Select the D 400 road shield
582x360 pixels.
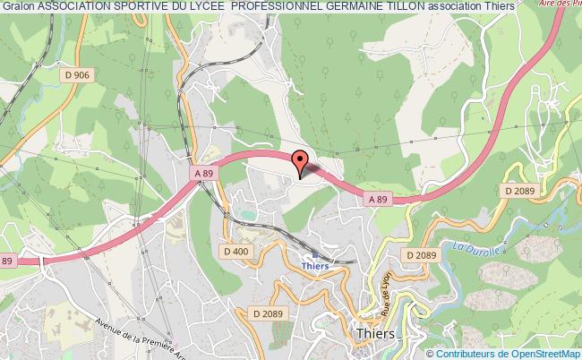[235, 252]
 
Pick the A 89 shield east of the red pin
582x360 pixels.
[377, 201]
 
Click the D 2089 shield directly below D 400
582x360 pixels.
[269, 313]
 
